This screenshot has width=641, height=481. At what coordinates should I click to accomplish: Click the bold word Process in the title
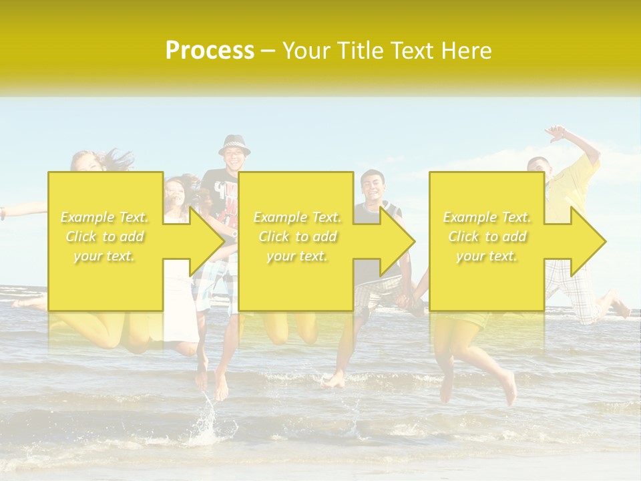pos(210,50)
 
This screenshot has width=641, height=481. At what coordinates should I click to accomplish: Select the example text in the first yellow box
pos(105,236)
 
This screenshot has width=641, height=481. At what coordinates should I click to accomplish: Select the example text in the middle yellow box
pos(297,236)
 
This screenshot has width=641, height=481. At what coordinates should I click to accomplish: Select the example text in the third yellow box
pos(487,236)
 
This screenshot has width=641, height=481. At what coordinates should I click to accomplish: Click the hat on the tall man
pos(234,143)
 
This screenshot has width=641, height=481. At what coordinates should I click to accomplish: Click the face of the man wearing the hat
pos(234,160)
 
